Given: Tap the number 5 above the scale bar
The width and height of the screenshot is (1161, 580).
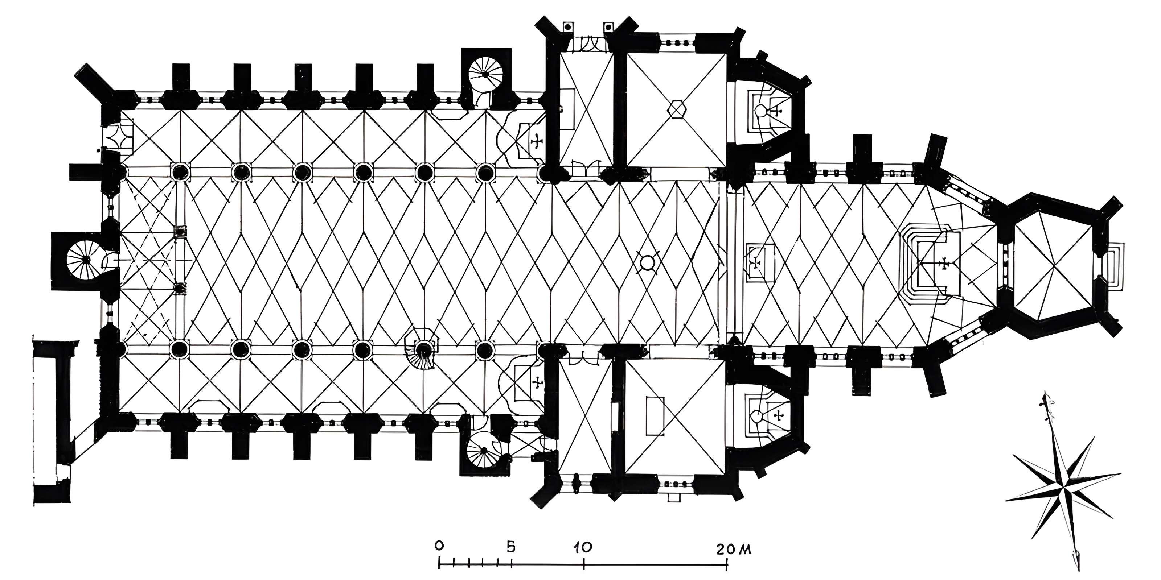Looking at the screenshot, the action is pyautogui.click(x=510, y=548).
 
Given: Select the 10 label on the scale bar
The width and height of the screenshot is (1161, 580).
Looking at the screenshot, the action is pyautogui.click(x=583, y=548).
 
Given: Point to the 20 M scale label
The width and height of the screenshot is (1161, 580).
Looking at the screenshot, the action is pyautogui.click(x=733, y=550).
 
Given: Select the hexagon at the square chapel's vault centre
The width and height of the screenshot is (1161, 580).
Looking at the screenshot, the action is pyautogui.click(x=676, y=109).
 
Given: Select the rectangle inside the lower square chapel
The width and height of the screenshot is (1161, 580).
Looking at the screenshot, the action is pyautogui.click(x=655, y=416).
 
